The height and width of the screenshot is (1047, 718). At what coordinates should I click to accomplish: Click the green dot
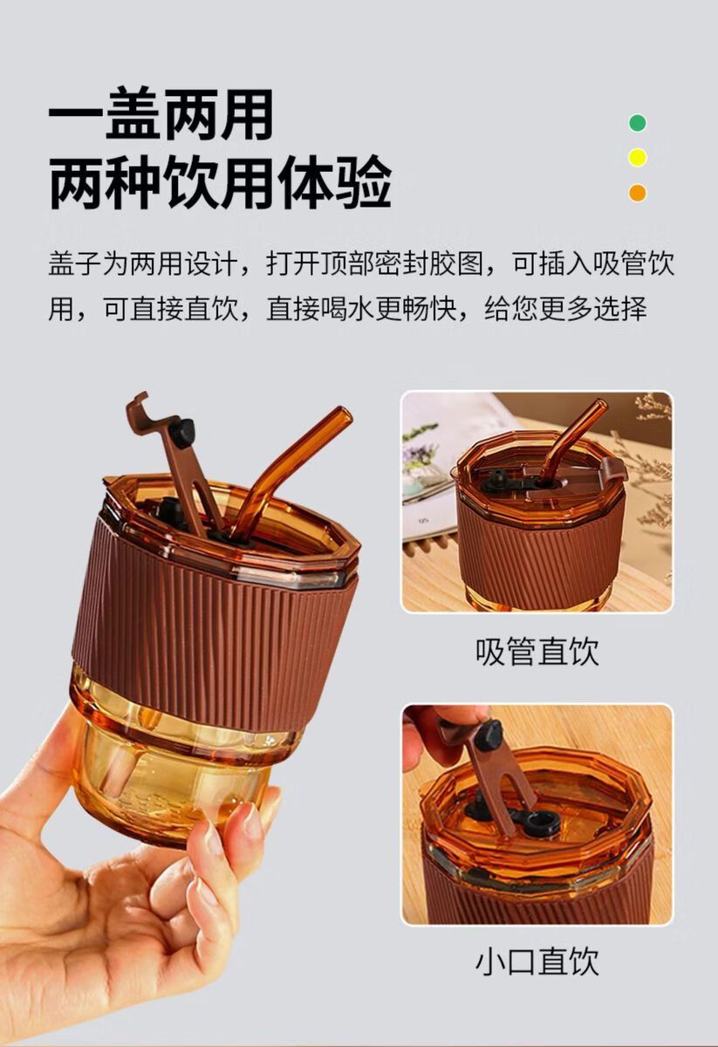638,123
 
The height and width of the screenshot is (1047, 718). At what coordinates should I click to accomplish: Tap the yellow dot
638,158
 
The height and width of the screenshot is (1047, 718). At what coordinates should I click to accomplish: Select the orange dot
638,192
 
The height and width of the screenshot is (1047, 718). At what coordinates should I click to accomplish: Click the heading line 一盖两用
161,113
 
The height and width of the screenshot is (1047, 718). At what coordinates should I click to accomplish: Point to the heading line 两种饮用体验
220,181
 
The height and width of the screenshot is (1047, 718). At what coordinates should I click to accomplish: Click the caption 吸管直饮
537,651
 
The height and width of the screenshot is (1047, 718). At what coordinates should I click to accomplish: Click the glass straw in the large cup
289,472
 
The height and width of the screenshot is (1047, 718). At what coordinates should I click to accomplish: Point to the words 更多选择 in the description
593,309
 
